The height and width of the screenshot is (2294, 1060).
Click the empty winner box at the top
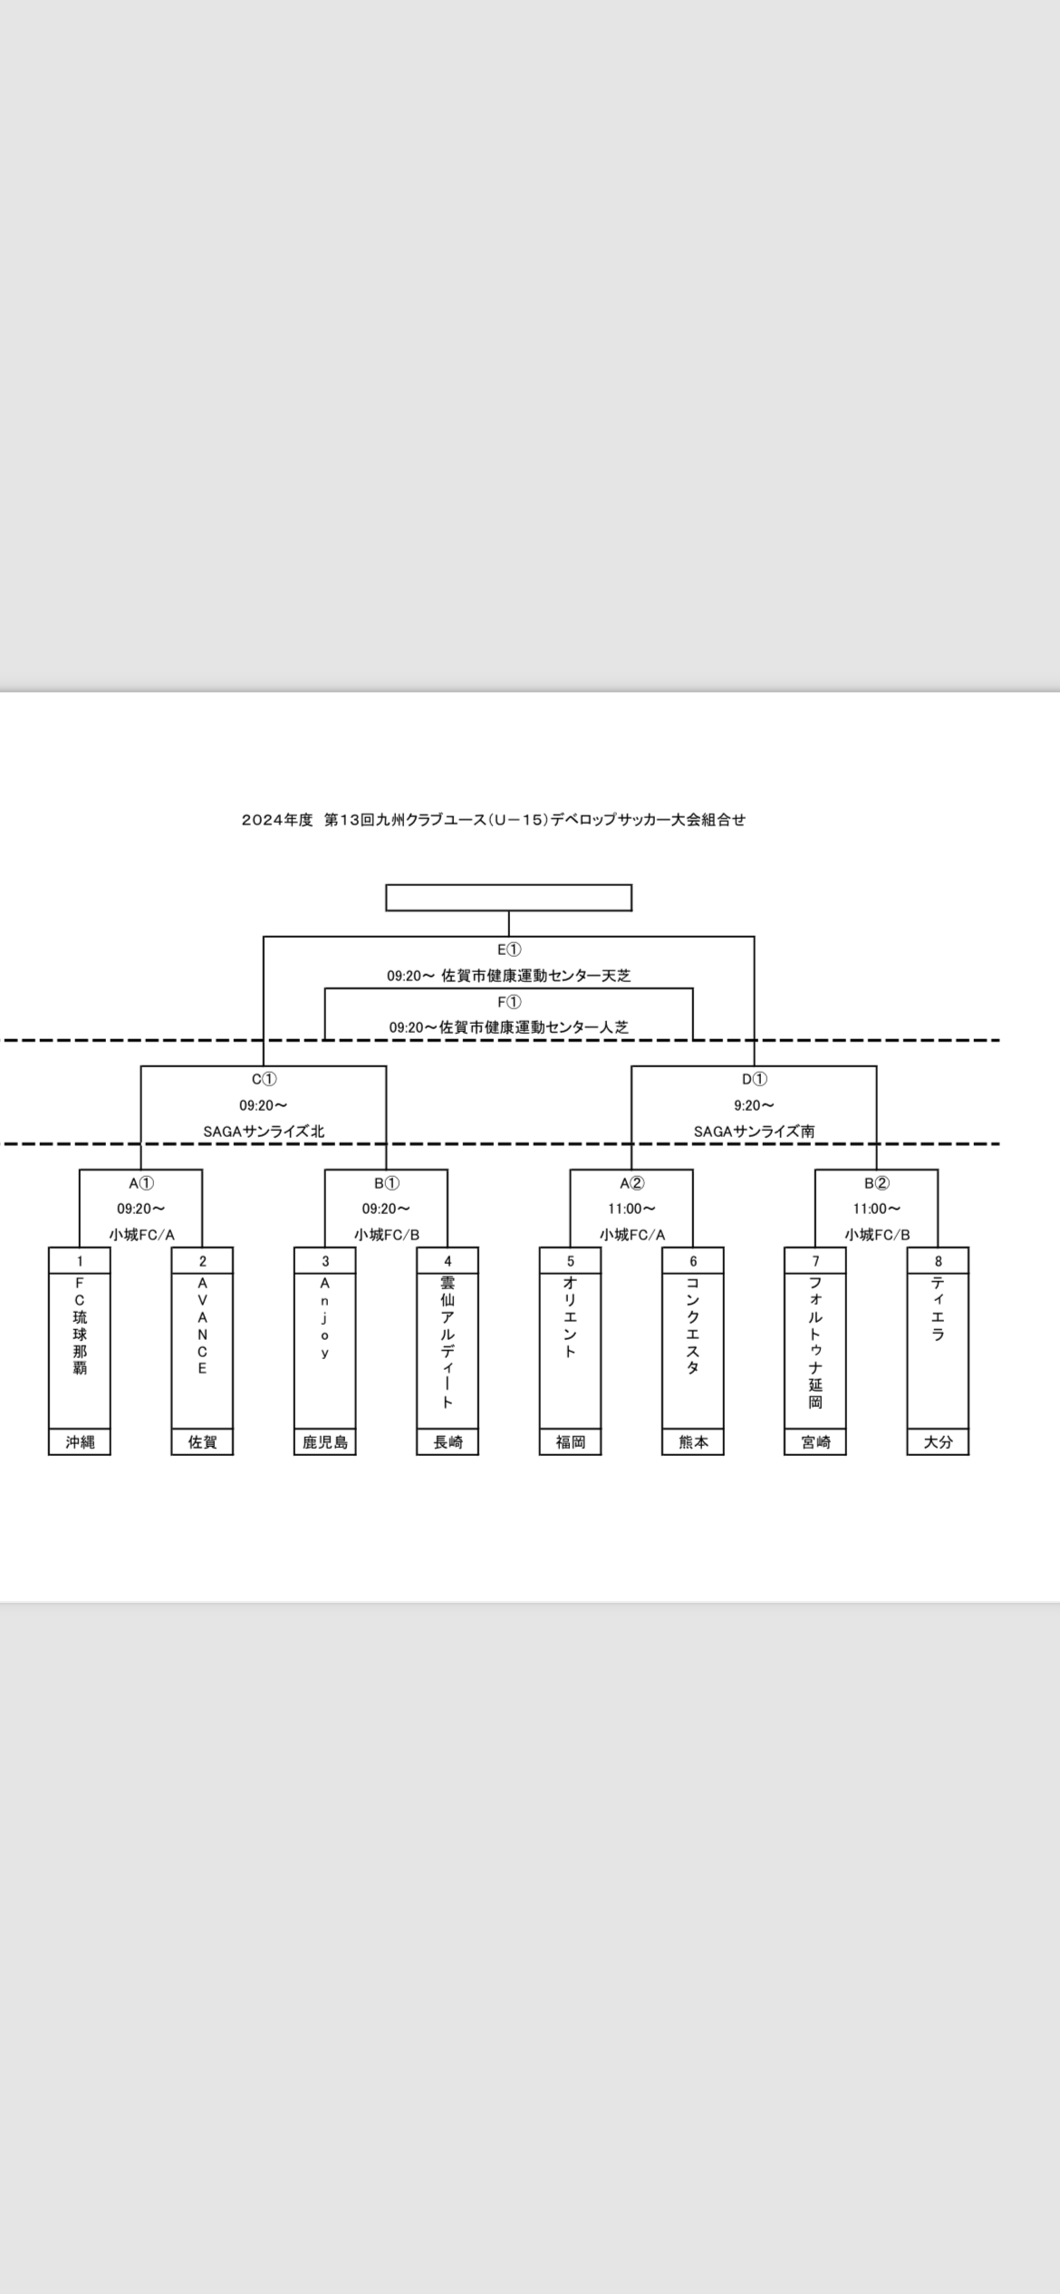point(508,897)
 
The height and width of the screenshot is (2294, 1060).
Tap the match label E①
point(509,949)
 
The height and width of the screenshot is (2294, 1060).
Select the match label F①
point(509,1001)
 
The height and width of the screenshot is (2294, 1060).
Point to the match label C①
point(264,1079)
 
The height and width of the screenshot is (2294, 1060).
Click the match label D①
point(754,1079)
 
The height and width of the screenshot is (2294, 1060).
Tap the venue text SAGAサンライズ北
point(264,1131)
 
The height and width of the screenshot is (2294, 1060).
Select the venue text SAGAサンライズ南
point(754,1131)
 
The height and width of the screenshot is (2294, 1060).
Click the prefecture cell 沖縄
point(80,1441)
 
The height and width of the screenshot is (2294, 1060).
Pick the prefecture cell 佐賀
point(202,1441)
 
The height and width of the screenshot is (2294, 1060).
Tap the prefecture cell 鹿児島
point(324,1441)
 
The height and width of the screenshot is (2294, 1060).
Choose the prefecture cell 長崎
point(448,1441)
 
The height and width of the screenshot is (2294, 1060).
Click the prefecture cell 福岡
point(570,1441)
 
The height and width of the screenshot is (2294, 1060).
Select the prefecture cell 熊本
point(693,1441)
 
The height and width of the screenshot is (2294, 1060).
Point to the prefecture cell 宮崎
point(815,1441)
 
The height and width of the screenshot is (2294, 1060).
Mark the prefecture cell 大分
point(938,1441)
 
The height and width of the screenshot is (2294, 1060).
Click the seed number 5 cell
point(570,1260)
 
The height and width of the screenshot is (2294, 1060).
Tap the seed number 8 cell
point(938,1260)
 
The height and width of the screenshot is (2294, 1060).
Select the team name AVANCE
point(202,1325)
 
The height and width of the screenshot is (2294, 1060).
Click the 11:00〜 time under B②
point(876,1209)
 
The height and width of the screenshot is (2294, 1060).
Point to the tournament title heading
point(494,820)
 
